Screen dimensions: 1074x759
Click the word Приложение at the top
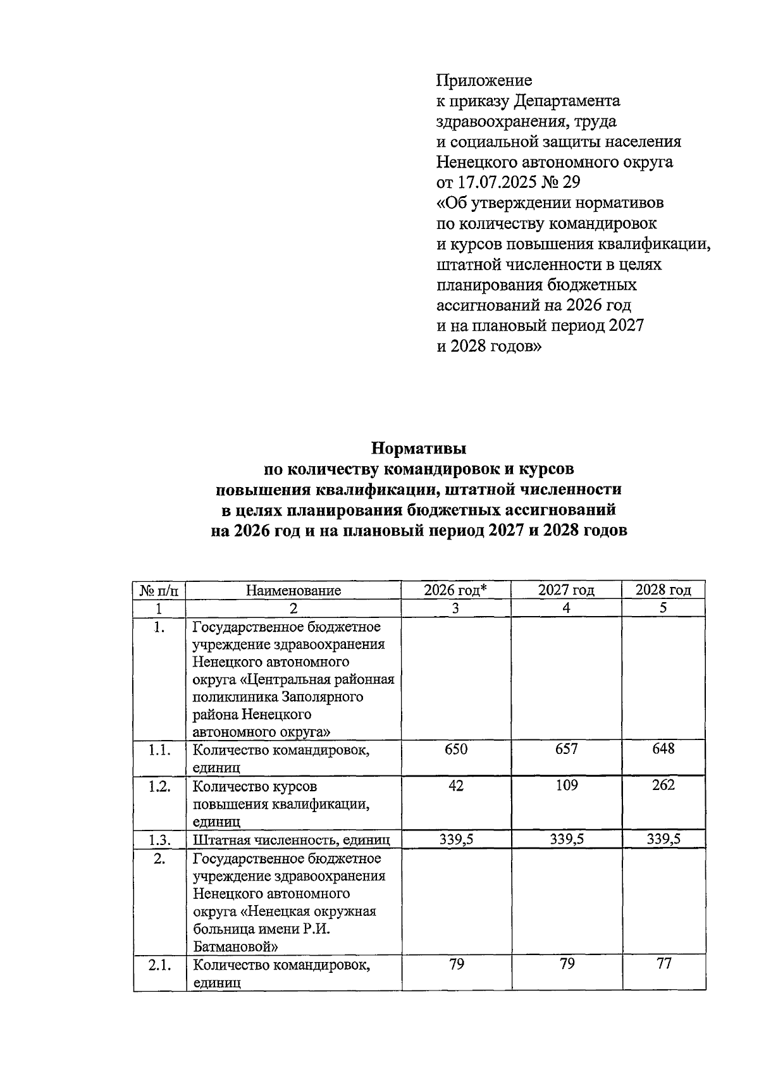pos(484,81)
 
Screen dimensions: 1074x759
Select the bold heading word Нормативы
pos(418,449)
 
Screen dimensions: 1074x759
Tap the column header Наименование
pos(293,591)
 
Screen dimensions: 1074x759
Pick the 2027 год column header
pos(566,590)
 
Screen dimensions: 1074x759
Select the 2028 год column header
pos(663,590)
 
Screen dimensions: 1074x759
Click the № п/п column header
pos(159,591)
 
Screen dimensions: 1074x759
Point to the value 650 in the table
pos(455,750)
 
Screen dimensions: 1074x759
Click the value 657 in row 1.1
pos(566,750)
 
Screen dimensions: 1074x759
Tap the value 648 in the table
pos(663,750)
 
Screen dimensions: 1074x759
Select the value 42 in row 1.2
pos(455,786)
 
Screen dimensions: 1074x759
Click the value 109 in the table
pos(566,786)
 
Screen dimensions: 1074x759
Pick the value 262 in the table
pos(663,786)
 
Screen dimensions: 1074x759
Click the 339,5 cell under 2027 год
pos(566,839)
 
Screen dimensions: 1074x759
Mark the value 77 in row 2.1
pos(663,963)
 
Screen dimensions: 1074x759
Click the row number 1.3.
pos(159,840)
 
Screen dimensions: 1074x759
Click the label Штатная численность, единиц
pos(291,840)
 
